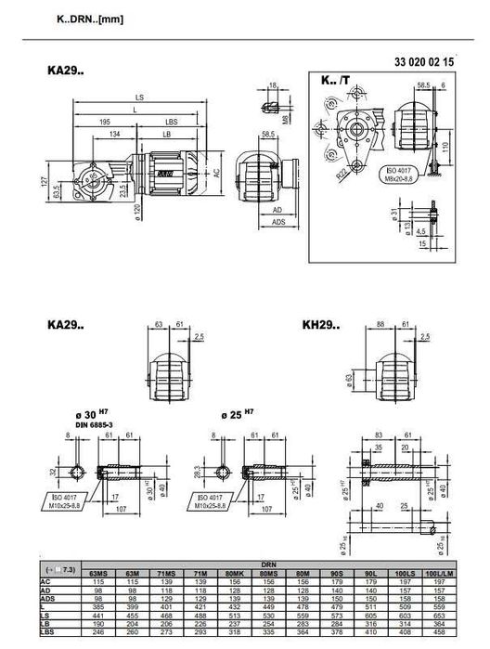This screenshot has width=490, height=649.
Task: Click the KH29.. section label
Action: [x=320, y=326]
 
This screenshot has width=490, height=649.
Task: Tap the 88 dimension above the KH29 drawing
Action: [x=381, y=324]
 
